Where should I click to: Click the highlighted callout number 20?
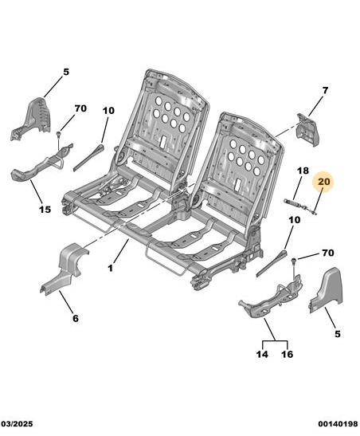pos(324,182)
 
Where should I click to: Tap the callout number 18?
pos(303,171)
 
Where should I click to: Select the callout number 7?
pos(325,90)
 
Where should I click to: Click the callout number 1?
pos(111,268)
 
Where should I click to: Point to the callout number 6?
pos(76,318)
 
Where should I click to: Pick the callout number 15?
pos(45,209)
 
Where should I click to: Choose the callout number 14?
pos(262,354)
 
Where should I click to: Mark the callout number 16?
pos(287,354)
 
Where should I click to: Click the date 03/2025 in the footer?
pos(18,424)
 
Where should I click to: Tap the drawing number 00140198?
pos(338,424)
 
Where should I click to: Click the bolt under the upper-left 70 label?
pos(58,135)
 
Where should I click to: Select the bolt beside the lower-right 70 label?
pos(294,261)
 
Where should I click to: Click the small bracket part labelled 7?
pos(307,130)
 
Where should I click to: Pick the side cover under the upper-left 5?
pos(33,118)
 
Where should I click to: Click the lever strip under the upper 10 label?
pos(88,157)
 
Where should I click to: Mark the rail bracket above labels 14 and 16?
pos(271,297)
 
